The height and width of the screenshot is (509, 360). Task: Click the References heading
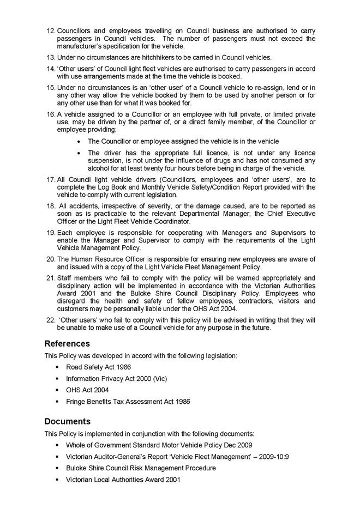tap(67, 344)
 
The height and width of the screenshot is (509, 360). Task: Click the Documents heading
tap(67, 421)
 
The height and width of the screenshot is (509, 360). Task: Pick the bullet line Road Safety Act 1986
tap(98, 367)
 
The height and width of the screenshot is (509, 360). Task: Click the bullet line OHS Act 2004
tap(87, 390)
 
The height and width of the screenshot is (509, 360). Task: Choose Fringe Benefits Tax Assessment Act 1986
tap(128, 402)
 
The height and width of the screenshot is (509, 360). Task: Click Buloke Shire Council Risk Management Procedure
tap(141, 468)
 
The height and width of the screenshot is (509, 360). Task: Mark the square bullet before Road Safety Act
tap(57, 367)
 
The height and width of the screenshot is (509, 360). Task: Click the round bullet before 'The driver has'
tap(80, 153)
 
